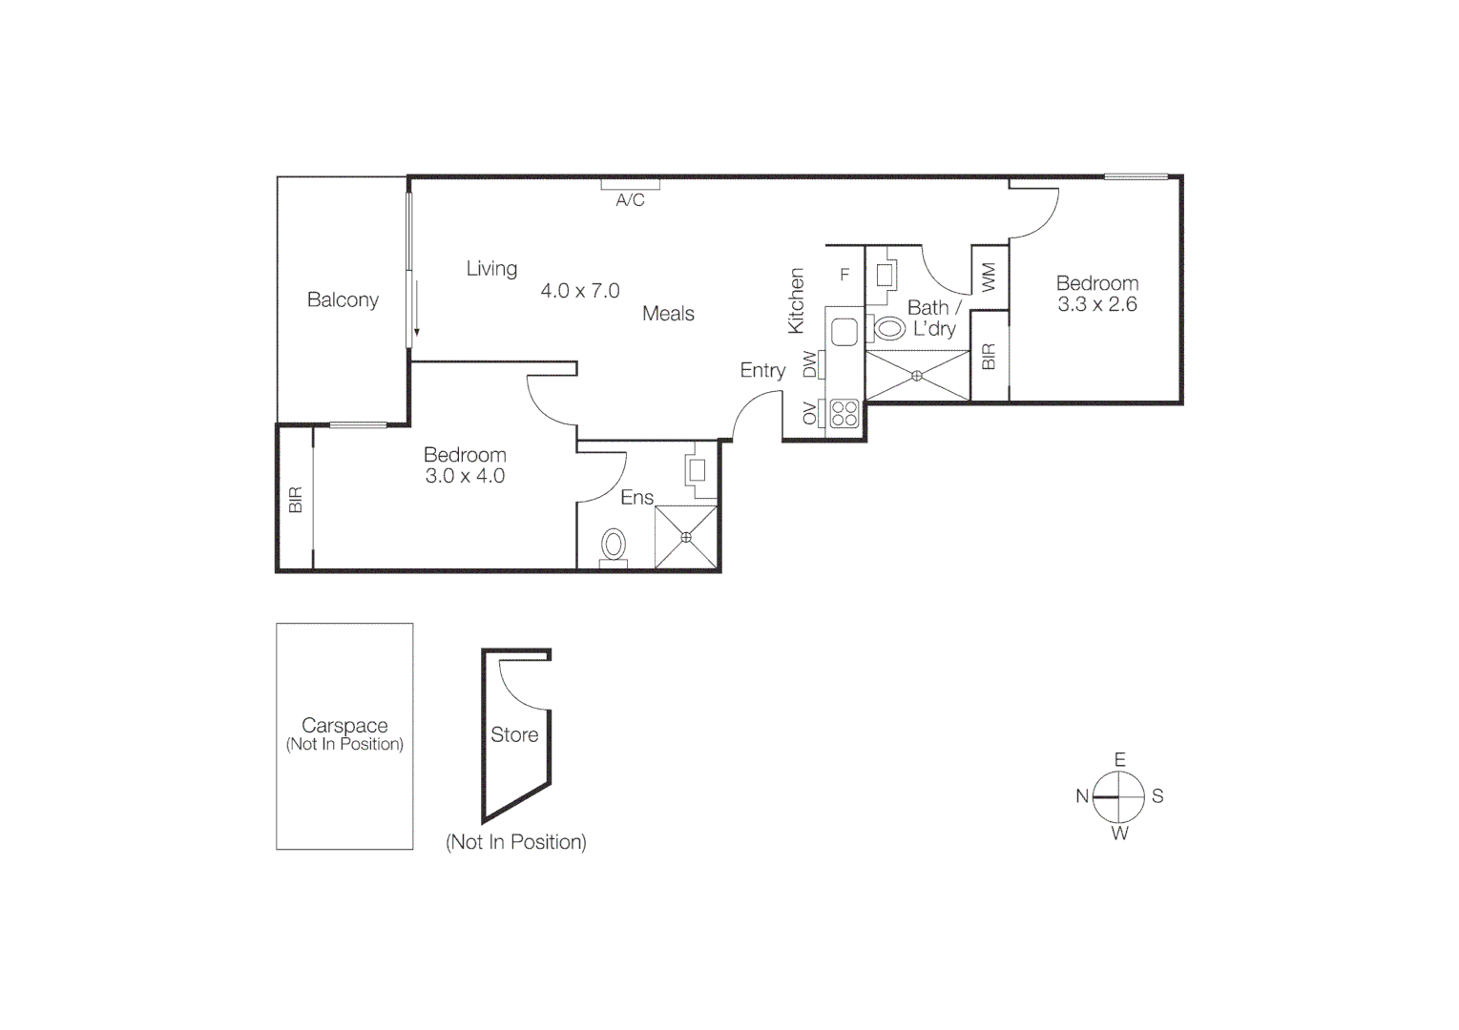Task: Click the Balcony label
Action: pyautogui.click(x=343, y=299)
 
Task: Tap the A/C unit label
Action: pyautogui.click(x=630, y=200)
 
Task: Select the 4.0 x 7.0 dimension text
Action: pyautogui.click(x=580, y=291)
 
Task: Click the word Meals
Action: pyautogui.click(x=668, y=314)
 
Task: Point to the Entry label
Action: pyautogui.click(x=762, y=370)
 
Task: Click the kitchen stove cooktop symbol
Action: pyautogui.click(x=844, y=413)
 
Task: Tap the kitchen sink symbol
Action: pyautogui.click(x=844, y=332)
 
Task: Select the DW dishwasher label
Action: pyautogui.click(x=810, y=364)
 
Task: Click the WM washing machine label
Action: pyautogui.click(x=989, y=277)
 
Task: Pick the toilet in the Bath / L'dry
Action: pyautogui.click(x=889, y=329)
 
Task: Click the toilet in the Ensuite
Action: pyautogui.click(x=613, y=546)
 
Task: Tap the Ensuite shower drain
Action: pyautogui.click(x=685, y=537)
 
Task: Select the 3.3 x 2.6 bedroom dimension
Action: pyautogui.click(x=1096, y=304)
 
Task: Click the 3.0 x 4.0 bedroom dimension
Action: pyautogui.click(x=465, y=476)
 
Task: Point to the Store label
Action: pyautogui.click(x=514, y=734)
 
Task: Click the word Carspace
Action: pyautogui.click(x=344, y=725)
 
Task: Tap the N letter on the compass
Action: pyautogui.click(x=1082, y=796)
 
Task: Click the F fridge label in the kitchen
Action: pyautogui.click(x=844, y=275)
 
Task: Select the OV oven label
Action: pyautogui.click(x=810, y=413)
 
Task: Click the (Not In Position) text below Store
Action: pyautogui.click(x=515, y=842)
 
